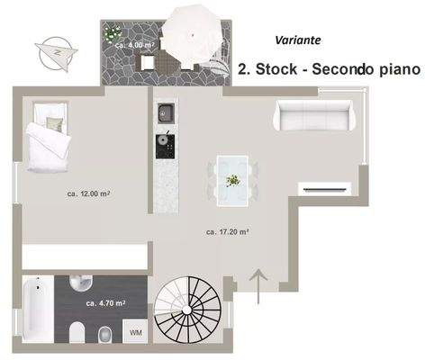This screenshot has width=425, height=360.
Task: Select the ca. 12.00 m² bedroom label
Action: pos(88,193)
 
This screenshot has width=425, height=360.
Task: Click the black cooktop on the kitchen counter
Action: pos(166,147)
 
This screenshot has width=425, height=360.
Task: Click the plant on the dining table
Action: pos(232,180)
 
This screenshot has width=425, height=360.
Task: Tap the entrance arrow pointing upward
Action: pos(258,287)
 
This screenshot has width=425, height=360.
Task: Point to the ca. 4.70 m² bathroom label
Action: pos(105,303)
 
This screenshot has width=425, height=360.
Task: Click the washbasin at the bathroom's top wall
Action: pos(82,283)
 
